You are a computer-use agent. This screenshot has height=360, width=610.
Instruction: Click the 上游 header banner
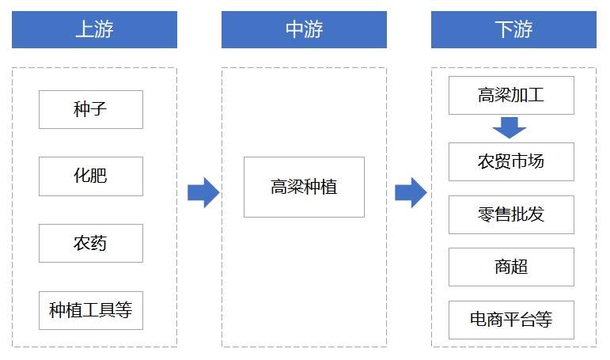[94, 29]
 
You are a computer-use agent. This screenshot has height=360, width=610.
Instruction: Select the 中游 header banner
[304, 29]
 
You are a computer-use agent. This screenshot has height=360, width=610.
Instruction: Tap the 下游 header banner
[513, 29]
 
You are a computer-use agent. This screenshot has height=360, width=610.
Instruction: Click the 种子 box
[90, 109]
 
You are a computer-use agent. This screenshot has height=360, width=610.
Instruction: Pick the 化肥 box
[90, 176]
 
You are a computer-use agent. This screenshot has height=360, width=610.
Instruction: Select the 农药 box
[90, 243]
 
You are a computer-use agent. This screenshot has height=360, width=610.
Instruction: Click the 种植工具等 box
[90, 310]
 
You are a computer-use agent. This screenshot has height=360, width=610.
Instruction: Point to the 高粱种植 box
[304, 187]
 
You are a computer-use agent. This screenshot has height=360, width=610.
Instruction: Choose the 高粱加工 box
[511, 96]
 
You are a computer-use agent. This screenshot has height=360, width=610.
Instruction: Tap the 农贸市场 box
[511, 161]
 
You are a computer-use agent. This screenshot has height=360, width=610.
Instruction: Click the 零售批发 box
[511, 214]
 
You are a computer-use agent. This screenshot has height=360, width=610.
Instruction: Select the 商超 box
[511, 267]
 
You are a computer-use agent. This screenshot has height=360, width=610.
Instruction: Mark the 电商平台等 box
[511, 320]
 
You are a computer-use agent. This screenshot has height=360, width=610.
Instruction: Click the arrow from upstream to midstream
[203, 192]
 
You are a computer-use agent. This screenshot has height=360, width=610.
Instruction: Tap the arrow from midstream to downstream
[411, 192]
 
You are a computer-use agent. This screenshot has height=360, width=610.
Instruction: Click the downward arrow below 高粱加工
[510, 127]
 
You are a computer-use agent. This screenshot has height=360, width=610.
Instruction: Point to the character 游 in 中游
[314, 29]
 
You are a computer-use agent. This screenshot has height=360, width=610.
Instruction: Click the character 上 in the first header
[84, 29]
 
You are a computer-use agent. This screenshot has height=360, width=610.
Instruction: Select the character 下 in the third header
[503, 29]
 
